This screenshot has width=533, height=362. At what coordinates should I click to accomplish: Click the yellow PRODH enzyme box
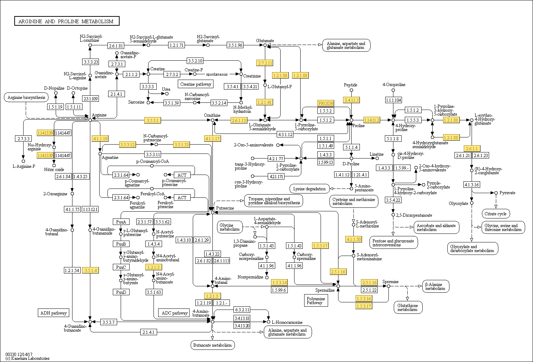(x=326, y=103)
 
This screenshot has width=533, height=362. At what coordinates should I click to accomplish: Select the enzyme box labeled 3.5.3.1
(x=152, y=120)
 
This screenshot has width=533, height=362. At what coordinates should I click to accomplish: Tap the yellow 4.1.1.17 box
(x=212, y=139)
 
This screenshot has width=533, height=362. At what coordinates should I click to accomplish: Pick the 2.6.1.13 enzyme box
(x=239, y=120)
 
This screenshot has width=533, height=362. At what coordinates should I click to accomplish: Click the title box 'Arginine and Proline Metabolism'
(x=67, y=21)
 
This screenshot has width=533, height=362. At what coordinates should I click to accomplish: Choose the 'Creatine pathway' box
(x=196, y=84)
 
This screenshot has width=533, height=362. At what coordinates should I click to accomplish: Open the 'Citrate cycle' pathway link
(x=496, y=214)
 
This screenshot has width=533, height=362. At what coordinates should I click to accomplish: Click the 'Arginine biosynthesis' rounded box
(x=26, y=97)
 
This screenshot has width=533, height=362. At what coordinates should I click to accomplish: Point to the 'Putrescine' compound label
(x=225, y=208)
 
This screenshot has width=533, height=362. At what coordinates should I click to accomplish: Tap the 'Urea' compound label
(x=166, y=89)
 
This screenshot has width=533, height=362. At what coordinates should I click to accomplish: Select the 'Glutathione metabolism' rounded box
(x=408, y=307)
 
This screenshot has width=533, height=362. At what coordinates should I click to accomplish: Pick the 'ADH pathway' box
(x=54, y=313)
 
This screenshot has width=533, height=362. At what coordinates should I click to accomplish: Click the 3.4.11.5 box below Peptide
(x=351, y=100)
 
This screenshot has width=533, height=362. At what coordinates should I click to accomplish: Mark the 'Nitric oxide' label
(x=54, y=170)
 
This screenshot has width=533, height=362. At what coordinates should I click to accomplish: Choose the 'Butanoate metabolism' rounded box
(x=212, y=345)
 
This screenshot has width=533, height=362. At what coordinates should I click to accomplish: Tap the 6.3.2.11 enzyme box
(x=242, y=310)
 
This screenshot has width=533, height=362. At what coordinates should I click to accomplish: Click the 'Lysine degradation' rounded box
(x=310, y=188)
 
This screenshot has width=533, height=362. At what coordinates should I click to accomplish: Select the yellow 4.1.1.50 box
(x=353, y=239)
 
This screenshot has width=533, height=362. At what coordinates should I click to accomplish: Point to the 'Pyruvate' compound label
(x=507, y=193)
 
